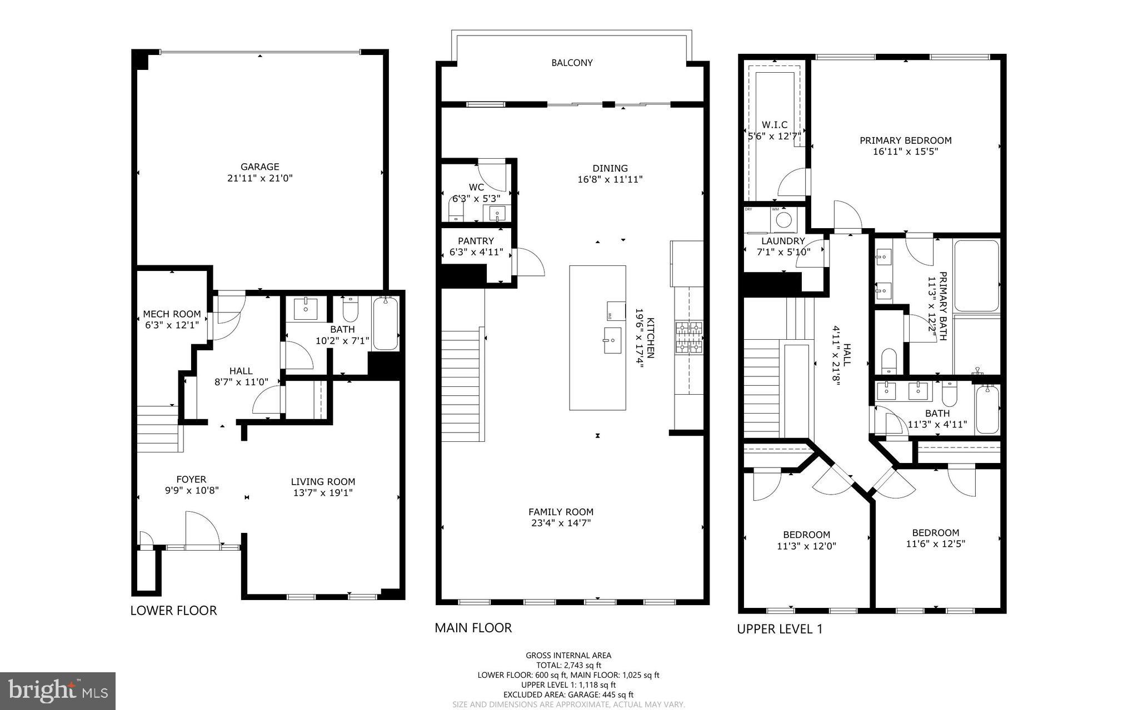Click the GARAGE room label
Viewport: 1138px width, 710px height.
(x=259, y=167)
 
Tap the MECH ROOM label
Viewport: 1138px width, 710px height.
(x=172, y=314)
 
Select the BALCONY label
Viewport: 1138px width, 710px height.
(x=572, y=63)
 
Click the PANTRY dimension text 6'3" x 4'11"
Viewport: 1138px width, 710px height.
(x=476, y=252)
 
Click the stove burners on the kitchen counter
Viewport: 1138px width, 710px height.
(x=689, y=338)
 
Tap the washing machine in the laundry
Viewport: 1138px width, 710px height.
(x=783, y=219)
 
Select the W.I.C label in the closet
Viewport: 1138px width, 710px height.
(x=775, y=125)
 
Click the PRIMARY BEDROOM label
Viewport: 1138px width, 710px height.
(x=905, y=140)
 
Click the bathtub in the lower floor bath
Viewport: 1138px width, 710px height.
(x=385, y=324)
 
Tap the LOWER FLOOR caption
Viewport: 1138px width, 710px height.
(x=173, y=611)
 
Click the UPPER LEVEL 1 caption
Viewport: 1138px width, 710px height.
(x=779, y=629)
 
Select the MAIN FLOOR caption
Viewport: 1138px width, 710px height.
(x=473, y=628)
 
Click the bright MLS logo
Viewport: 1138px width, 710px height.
(x=58, y=691)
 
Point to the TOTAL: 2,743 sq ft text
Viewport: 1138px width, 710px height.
(x=568, y=665)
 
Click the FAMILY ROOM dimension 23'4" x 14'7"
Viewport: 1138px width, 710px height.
(x=561, y=523)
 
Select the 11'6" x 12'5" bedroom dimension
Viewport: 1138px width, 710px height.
(x=935, y=544)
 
